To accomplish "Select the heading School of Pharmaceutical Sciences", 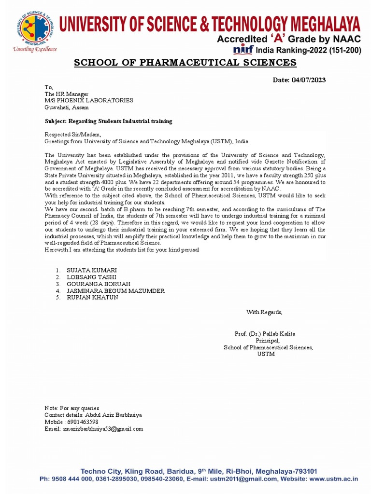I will click(x=185, y=63).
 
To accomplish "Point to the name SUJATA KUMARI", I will click(x=92, y=270).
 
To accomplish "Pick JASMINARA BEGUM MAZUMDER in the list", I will click(x=115, y=291).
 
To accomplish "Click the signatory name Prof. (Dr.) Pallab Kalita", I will click(x=265, y=334).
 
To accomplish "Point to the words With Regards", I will click(x=264, y=312).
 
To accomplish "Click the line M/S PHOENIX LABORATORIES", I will click(x=89, y=100).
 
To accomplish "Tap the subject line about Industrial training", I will click(x=108, y=121).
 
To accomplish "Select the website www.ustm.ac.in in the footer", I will click(x=333, y=479).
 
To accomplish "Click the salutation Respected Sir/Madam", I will click(x=73, y=135).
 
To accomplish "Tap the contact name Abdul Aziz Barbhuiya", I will click(x=111, y=415).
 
